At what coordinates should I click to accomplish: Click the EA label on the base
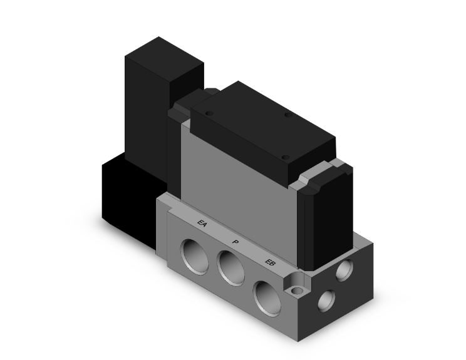tap(202, 222)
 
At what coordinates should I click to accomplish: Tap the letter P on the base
tap(235, 242)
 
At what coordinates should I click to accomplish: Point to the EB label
tap(270, 262)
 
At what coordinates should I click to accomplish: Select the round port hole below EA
tap(192, 254)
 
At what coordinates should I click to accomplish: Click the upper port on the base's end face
tap(343, 270)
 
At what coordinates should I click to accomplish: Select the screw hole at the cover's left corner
tap(209, 113)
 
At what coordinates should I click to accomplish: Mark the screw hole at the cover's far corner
tap(288, 115)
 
